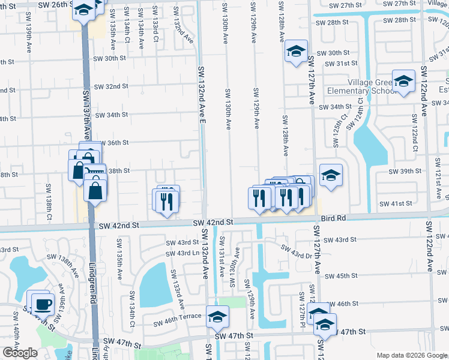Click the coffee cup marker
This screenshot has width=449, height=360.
pos(42,304)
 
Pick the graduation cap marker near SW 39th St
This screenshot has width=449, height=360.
pos(330,175)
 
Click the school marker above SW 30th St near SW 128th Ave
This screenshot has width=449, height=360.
pos(296,51)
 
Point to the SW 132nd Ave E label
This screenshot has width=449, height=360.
pos(202,96)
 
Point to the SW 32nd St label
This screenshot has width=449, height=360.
pos(112,86)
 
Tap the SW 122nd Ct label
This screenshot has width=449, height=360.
pos(415,132)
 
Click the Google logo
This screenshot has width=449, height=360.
pos(20,352)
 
